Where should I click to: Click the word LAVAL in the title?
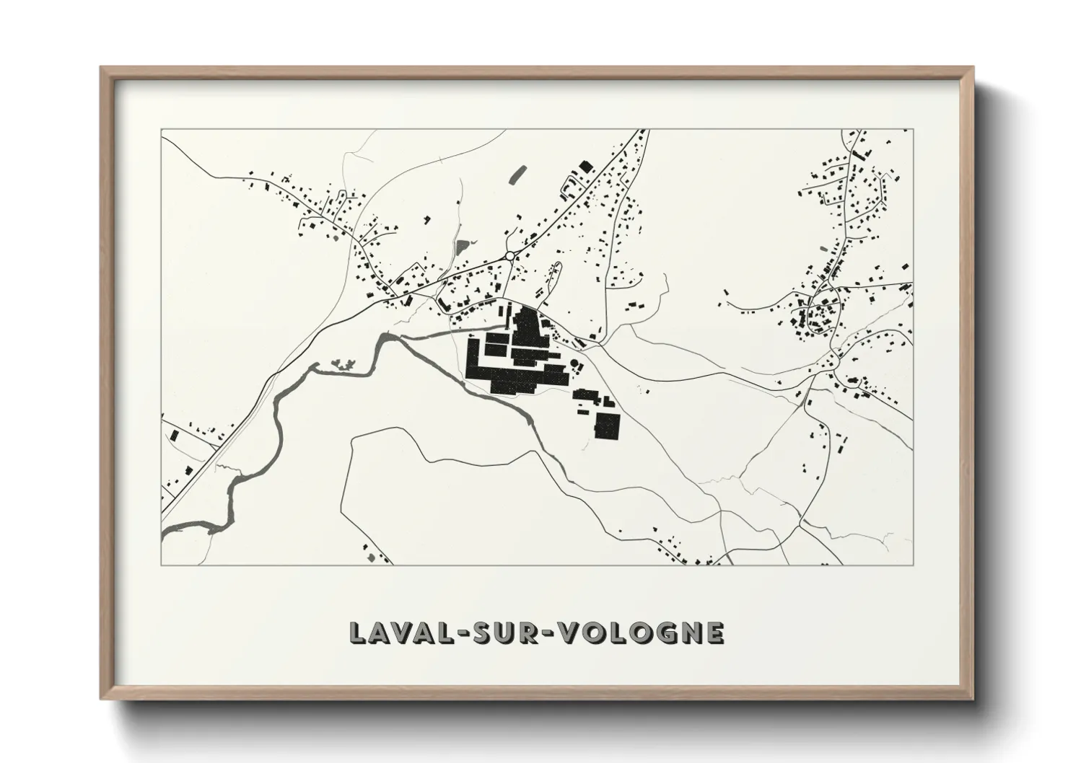pos(397,632)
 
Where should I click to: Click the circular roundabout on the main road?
pos(509,255)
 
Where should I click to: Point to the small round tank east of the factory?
pos(574,364)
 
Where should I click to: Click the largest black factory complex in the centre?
pos(516,357)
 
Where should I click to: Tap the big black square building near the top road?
pos(585,166)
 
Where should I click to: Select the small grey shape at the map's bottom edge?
pos(371,557)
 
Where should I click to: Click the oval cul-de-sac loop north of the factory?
pos(556,273)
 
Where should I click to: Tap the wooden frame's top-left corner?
pos(102,69)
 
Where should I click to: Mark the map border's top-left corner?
pos(162,131)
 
